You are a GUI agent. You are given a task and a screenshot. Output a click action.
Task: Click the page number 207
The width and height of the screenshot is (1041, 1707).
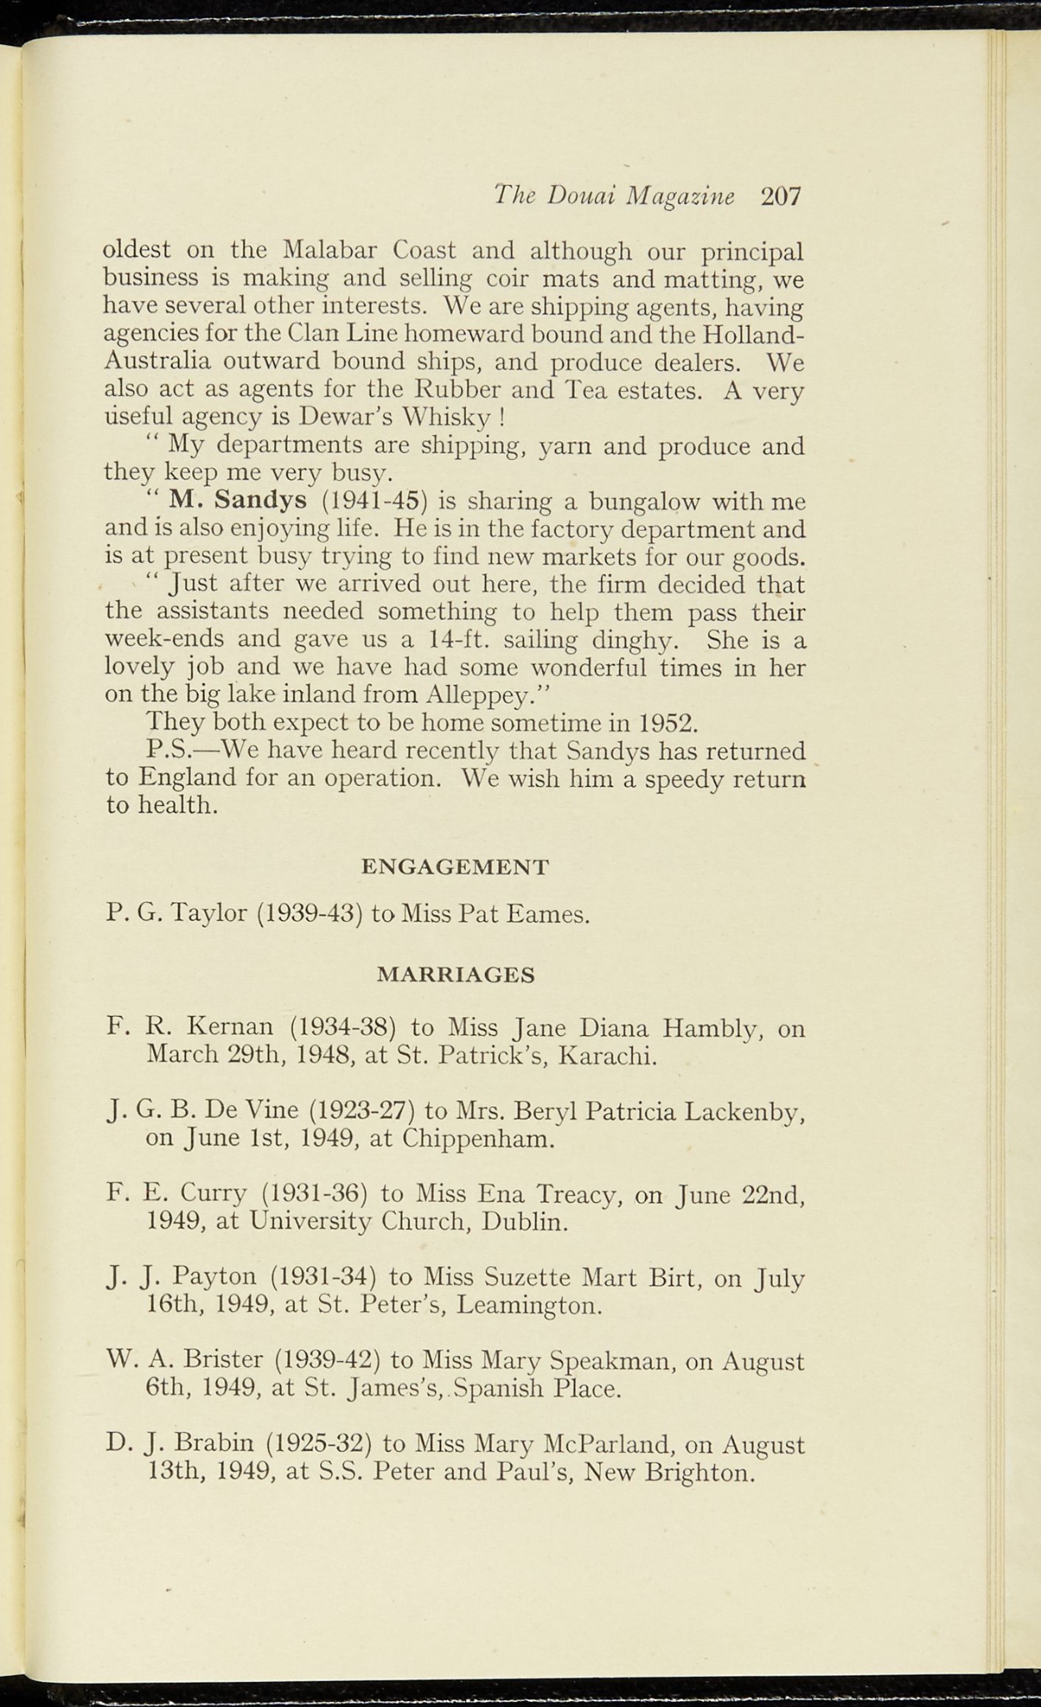pos(780,196)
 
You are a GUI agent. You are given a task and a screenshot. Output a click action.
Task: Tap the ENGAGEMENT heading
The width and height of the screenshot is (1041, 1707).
pos(455,867)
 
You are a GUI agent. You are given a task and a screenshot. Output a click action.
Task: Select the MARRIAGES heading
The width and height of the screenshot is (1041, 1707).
pos(456,974)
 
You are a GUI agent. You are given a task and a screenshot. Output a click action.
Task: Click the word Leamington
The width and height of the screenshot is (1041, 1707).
pos(528,1304)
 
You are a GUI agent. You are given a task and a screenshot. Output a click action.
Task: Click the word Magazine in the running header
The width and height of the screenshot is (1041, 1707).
pos(681,196)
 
